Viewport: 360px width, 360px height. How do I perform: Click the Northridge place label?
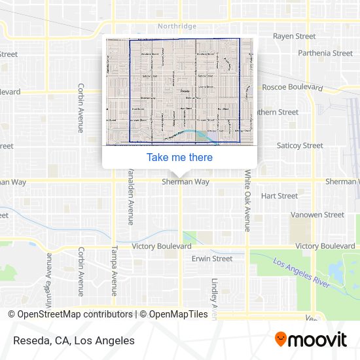[176, 27]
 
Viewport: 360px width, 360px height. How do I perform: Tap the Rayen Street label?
[294, 37]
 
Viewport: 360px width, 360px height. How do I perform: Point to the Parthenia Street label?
[325, 53]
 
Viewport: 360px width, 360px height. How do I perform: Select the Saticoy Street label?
[300, 145]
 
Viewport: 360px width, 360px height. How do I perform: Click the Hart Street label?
[279, 196]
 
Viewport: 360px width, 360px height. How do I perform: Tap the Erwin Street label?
[212, 259]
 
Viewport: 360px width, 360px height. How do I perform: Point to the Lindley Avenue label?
[214, 298]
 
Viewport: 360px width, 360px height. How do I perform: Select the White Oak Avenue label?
[247, 202]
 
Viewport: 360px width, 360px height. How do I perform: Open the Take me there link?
[179, 157]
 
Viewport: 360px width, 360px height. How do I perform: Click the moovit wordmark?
[319, 340]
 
